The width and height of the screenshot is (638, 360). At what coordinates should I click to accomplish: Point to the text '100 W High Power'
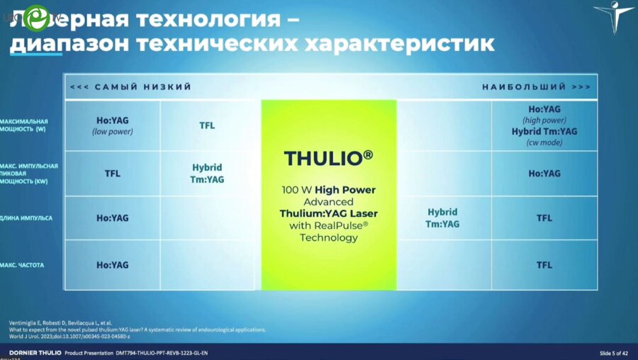point(328,190)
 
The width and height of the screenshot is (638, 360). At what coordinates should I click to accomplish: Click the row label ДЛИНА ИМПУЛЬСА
point(26,218)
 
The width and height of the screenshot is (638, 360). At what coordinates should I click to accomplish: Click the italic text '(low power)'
point(113,132)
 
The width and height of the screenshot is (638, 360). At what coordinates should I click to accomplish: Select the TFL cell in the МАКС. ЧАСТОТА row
point(544,265)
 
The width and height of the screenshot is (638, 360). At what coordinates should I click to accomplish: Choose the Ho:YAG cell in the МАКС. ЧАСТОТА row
point(113,265)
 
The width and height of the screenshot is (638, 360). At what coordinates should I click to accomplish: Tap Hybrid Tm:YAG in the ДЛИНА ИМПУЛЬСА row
point(442,218)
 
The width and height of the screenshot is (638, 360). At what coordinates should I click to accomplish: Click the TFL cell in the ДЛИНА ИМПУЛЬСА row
point(544,218)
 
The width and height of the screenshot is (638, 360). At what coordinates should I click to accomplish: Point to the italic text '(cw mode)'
point(544,142)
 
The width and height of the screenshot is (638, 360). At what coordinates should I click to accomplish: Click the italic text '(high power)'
point(544,120)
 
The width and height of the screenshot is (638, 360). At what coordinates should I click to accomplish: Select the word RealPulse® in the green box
point(345,225)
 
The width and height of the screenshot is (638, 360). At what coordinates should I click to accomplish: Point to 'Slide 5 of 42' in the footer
point(613,353)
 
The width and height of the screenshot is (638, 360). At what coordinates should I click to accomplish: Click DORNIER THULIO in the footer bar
point(35,353)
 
